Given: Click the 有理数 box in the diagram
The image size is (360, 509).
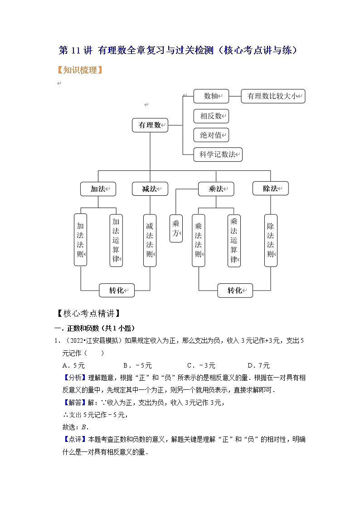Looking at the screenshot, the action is (x=150, y=125).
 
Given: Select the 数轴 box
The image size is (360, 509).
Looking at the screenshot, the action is (x=211, y=96).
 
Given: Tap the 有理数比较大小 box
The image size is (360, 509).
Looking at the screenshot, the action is (x=273, y=96).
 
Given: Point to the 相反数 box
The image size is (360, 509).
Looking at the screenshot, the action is (x=211, y=116).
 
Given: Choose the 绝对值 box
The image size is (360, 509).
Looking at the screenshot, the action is (x=211, y=135).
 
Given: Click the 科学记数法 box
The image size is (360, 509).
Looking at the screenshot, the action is (x=218, y=154).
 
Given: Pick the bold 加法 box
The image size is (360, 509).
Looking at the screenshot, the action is (x=98, y=189).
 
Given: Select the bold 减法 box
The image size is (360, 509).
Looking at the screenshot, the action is (x=150, y=189).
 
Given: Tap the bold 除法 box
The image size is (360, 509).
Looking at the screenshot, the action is (x=270, y=189).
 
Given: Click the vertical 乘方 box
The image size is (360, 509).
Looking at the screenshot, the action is (x=176, y=229).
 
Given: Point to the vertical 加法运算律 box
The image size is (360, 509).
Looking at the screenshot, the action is (x=116, y=240).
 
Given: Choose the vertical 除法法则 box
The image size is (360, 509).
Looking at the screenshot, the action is (x=271, y=240).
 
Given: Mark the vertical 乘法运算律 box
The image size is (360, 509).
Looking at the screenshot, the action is (x=234, y=240).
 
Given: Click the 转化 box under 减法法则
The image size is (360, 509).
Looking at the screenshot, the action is (x=117, y=290).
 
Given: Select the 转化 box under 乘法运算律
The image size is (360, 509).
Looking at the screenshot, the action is (x=234, y=290).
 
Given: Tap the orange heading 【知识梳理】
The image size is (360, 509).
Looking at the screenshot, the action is (x=80, y=70).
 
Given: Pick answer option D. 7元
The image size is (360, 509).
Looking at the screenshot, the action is (x=258, y=365).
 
